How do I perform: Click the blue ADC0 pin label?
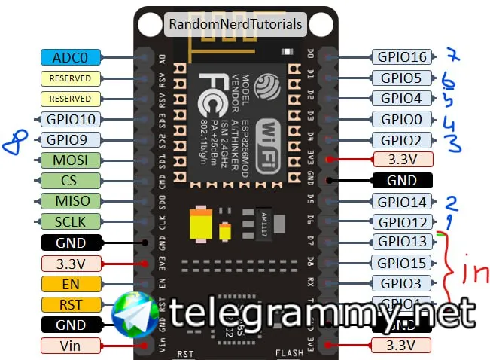point(71,56)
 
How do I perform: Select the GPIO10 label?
point(71,119)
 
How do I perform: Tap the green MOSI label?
point(71,160)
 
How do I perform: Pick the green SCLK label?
point(71,222)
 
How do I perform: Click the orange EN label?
point(71,284)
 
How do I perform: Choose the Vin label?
point(71,346)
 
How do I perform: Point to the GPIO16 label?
point(402,56)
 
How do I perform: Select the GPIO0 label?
point(402,119)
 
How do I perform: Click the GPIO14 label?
point(402,201)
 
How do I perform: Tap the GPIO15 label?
point(402,263)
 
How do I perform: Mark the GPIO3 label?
point(402,283)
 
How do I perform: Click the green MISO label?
point(71,201)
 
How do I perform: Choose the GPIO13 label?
point(402,242)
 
